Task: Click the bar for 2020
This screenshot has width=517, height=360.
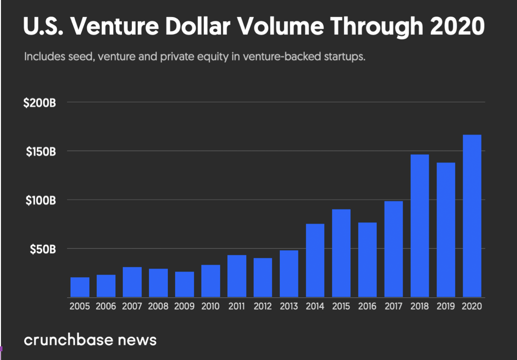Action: point(472,216)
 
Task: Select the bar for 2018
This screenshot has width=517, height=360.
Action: point(420,226)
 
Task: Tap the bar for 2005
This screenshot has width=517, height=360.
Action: point(80,287)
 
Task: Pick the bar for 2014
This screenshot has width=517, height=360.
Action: point(315,260)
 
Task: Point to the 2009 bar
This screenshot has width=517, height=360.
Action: point(185,284)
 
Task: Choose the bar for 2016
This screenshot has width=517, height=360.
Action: point(368,260)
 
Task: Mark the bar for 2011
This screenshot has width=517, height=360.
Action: point(237,276)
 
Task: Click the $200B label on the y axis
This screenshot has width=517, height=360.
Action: point(40,103)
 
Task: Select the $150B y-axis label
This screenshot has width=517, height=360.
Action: point(40,152)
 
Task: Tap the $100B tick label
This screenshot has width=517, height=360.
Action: point(40,200)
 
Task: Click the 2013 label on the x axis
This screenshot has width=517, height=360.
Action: point(289,306)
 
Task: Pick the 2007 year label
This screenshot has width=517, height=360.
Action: point(132,306)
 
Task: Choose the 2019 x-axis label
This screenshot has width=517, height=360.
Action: point(446,306)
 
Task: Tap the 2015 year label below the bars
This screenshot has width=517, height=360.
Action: point(341,306)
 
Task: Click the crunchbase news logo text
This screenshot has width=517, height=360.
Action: point(90,339)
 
